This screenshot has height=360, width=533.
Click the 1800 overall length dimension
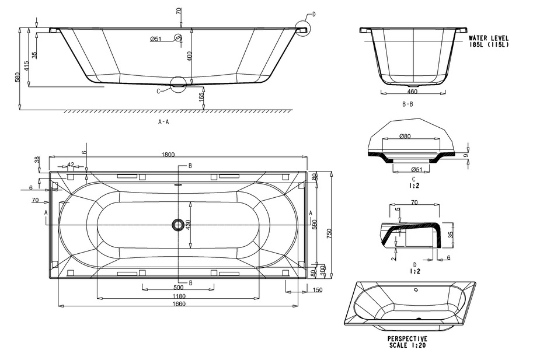point(168,155)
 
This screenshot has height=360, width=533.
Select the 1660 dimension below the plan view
point(179,303)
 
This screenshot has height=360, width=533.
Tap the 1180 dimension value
point(179,296)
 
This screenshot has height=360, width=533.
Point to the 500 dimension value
point(179,288)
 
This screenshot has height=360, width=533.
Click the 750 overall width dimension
point(329,233)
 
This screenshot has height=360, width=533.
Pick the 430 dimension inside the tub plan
point(189,225)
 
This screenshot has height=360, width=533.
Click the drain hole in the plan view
point(177,225)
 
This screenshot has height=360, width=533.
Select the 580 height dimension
point(18,77)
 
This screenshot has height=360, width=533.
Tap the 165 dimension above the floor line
point(201,97)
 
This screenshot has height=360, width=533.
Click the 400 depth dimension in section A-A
point(190,56)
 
